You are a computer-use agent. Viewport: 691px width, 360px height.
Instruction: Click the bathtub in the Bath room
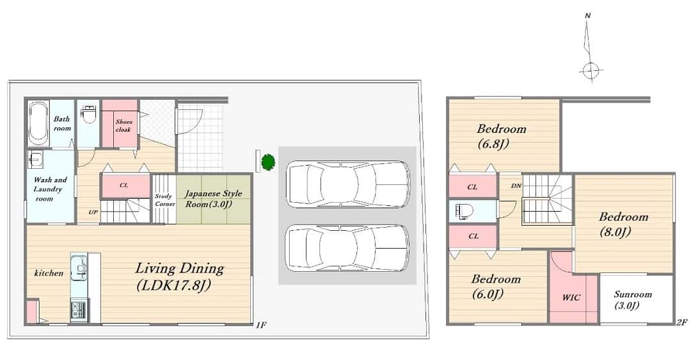[x=38, y=123]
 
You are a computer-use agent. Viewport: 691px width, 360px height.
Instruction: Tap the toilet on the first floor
[x=89, y=114]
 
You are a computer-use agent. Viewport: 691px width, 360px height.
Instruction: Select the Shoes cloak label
[x=123, y=125]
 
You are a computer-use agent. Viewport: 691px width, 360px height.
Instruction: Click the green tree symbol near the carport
[x=268, y=162]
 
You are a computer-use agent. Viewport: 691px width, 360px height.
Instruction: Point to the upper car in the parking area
[x=347, y=184]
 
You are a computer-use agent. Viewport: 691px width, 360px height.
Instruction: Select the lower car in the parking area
[x=347, y=248]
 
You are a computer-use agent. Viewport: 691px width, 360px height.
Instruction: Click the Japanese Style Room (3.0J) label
[x=213, y=199]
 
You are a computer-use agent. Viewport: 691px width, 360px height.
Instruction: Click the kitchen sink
[x=79, y=267]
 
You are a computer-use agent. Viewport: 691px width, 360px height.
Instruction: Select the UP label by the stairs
[x=93, y=212]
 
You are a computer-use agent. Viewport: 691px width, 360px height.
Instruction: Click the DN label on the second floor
[x=516, y=186]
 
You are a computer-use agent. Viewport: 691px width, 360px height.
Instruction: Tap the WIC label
[x=571, y=298]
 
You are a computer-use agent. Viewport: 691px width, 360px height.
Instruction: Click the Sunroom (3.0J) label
[x=632, y=300]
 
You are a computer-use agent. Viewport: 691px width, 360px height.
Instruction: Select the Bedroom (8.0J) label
[x=623, y=224]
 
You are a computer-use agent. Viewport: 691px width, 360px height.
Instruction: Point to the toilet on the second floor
[x=465, y=212]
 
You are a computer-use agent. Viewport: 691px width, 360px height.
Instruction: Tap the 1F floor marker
[x=261, y=325]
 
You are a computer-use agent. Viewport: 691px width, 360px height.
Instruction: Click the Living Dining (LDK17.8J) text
[x=179, y=277]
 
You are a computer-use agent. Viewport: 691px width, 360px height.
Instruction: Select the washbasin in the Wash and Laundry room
[x=35, y=159]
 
